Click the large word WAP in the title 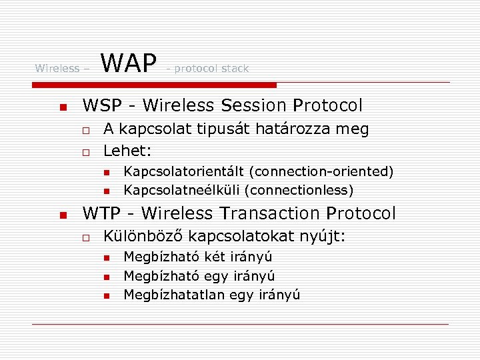click(x=129, y=63)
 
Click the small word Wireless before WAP click(x=57, y=68)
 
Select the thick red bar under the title click(x=155, y=85)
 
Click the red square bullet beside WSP click(x=62, y=107)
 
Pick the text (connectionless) click(x=299, y=191)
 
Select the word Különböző click(x=143, y=236)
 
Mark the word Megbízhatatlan click(x=174, y=295)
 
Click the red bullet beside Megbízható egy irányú click(x=106, y=277)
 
